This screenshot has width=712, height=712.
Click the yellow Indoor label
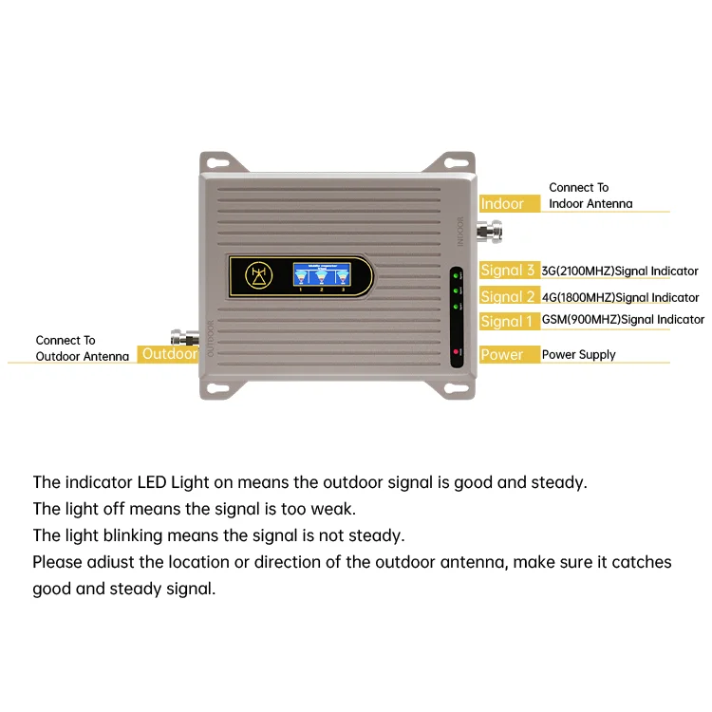point(502,204)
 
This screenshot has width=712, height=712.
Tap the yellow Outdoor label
point(169,354)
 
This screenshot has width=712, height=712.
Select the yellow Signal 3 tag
point(508,271)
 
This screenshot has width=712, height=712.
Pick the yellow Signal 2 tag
point(508,296)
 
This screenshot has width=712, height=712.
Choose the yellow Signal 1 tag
point(508,322)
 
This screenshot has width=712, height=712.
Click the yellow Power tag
point(502,354)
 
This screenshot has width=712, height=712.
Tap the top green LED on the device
point(458,274)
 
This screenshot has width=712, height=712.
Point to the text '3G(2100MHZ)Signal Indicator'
point(620,272)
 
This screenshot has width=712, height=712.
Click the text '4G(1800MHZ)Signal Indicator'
point(620,297)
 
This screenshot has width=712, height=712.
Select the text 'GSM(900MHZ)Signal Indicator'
point(623,320)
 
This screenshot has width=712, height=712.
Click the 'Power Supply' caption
point(579,354)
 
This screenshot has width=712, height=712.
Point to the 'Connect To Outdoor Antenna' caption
point(82,348)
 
